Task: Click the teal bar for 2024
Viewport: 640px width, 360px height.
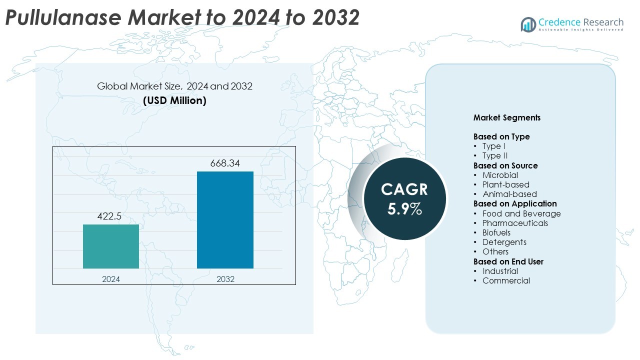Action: [x=111, y=246]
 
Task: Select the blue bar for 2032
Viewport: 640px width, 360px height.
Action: [x=225, y=220]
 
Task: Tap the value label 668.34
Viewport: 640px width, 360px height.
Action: [x=225, y=163]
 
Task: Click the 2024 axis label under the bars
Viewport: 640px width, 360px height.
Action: [x=111, y=279]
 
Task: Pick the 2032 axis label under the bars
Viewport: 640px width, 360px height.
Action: [x=225, y=279]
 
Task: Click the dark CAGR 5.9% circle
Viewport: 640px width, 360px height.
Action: [x=404, y=198]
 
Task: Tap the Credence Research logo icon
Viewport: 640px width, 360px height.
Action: [x=528, y=24]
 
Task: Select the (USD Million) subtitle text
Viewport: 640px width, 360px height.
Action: [x=174, y=100]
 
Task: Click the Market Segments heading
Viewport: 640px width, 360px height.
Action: [x=506, y=118]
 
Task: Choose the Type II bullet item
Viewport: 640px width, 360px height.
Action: [x=495, y=156]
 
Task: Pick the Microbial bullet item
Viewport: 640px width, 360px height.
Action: [x=500, y=175]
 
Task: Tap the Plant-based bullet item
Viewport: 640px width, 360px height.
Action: [x=505, y=184]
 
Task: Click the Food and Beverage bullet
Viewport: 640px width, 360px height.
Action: [x=521, y=213]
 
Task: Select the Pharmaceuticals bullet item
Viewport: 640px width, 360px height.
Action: [x=515, y=223]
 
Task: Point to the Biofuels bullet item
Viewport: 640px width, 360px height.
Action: [x=496, y=232]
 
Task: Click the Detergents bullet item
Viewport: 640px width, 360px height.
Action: [x=504, y=242]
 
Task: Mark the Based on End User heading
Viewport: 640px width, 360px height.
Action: [x=508, y=261]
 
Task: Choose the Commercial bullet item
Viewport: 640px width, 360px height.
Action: [x=506, y=280]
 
